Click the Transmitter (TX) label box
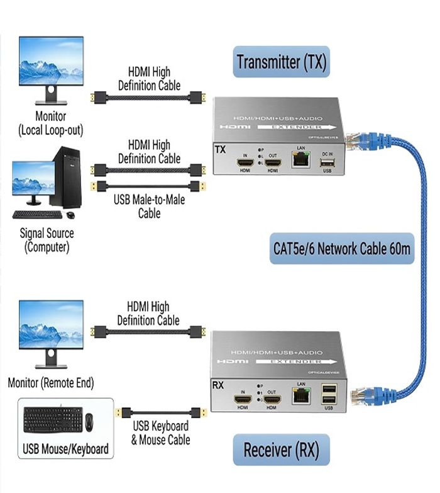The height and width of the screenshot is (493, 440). (x=281, y=62)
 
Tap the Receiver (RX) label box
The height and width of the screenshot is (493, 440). (x=281, y=450)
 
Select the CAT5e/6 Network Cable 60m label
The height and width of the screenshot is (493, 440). (x=341, y=248)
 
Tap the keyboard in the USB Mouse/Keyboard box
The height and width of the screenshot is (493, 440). (x=52, y=420)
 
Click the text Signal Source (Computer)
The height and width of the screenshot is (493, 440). (x=47, y=240)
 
